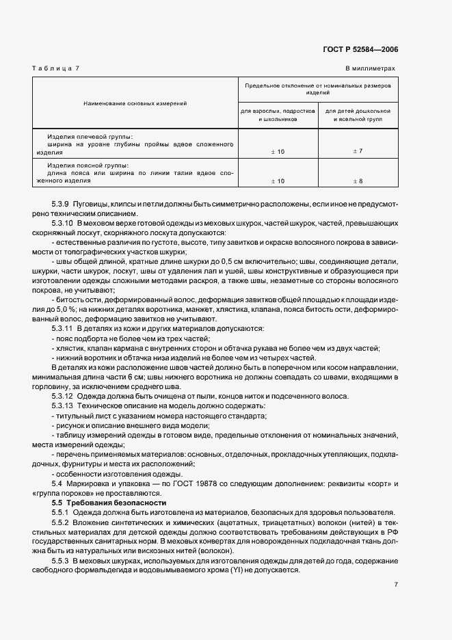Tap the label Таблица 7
[x=56, y=68]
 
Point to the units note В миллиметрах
[x=369, y=68]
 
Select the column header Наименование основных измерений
[x=135, y=103]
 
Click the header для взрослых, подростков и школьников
[x=277, y=114]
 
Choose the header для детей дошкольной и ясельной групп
[x=357, y=114]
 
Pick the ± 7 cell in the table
[x=357, y=150]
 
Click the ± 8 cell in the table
[x=357, y=181]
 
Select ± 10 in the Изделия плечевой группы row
[x=277, y=150]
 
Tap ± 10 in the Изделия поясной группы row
[x=277, y=181]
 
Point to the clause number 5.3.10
[x=63, y=224]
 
